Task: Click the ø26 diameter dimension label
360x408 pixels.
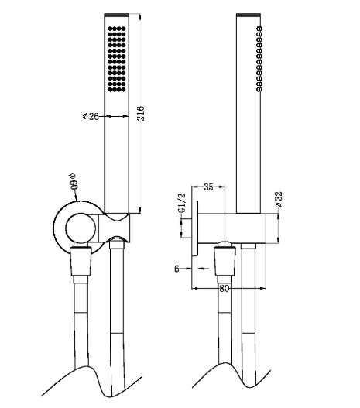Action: (91, 116)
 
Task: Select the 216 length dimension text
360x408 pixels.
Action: (140, 113)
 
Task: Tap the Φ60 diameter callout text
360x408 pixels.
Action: (74, 181)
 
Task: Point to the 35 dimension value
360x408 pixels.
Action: (208, 187)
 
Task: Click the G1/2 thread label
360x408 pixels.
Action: (183, 203)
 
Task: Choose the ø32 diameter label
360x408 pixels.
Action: (279, 199)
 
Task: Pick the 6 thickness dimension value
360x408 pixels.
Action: (177, 269)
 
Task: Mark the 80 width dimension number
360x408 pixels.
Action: (224, 288)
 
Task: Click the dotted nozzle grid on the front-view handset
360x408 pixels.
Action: (117, 59)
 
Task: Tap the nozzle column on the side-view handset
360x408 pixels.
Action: (259, 59)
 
